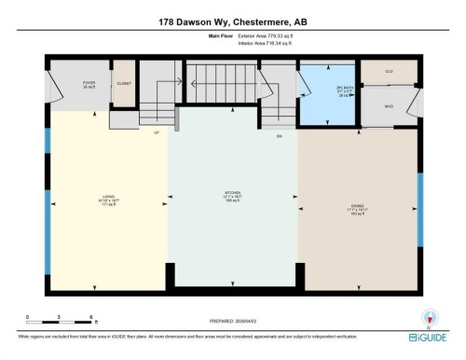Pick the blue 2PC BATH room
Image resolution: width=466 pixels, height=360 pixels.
click(327, 92)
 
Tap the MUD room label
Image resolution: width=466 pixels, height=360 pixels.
click(389, 106)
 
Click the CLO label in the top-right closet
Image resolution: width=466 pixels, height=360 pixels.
click(389, 72)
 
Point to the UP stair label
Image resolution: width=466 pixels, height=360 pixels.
click(157, 133)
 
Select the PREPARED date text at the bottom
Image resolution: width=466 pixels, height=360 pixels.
click(233, 317)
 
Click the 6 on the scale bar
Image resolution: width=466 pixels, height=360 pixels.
click(90, 318)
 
